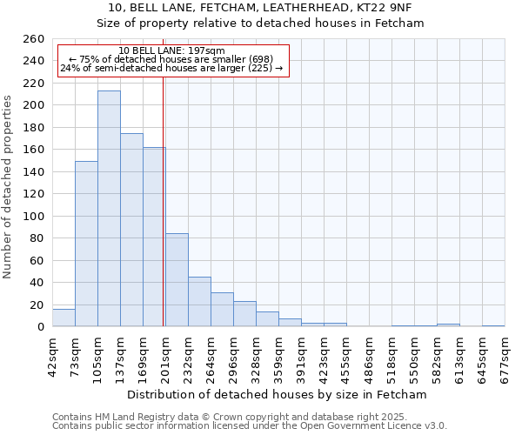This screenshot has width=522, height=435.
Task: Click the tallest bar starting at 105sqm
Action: tap(109, 209)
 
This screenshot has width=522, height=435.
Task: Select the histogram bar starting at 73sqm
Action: tap(86, 244)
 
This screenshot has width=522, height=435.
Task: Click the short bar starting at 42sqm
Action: tap(64, 318)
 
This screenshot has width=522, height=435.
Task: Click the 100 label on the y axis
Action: tap(34, 217)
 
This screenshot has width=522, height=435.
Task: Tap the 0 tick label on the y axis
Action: tap(41, 327)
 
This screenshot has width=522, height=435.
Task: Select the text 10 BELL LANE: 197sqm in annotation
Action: tap(171, 50)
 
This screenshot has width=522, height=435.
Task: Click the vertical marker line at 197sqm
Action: tap(164, 200)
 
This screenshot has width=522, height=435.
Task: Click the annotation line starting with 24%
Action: tap(171, 68)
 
